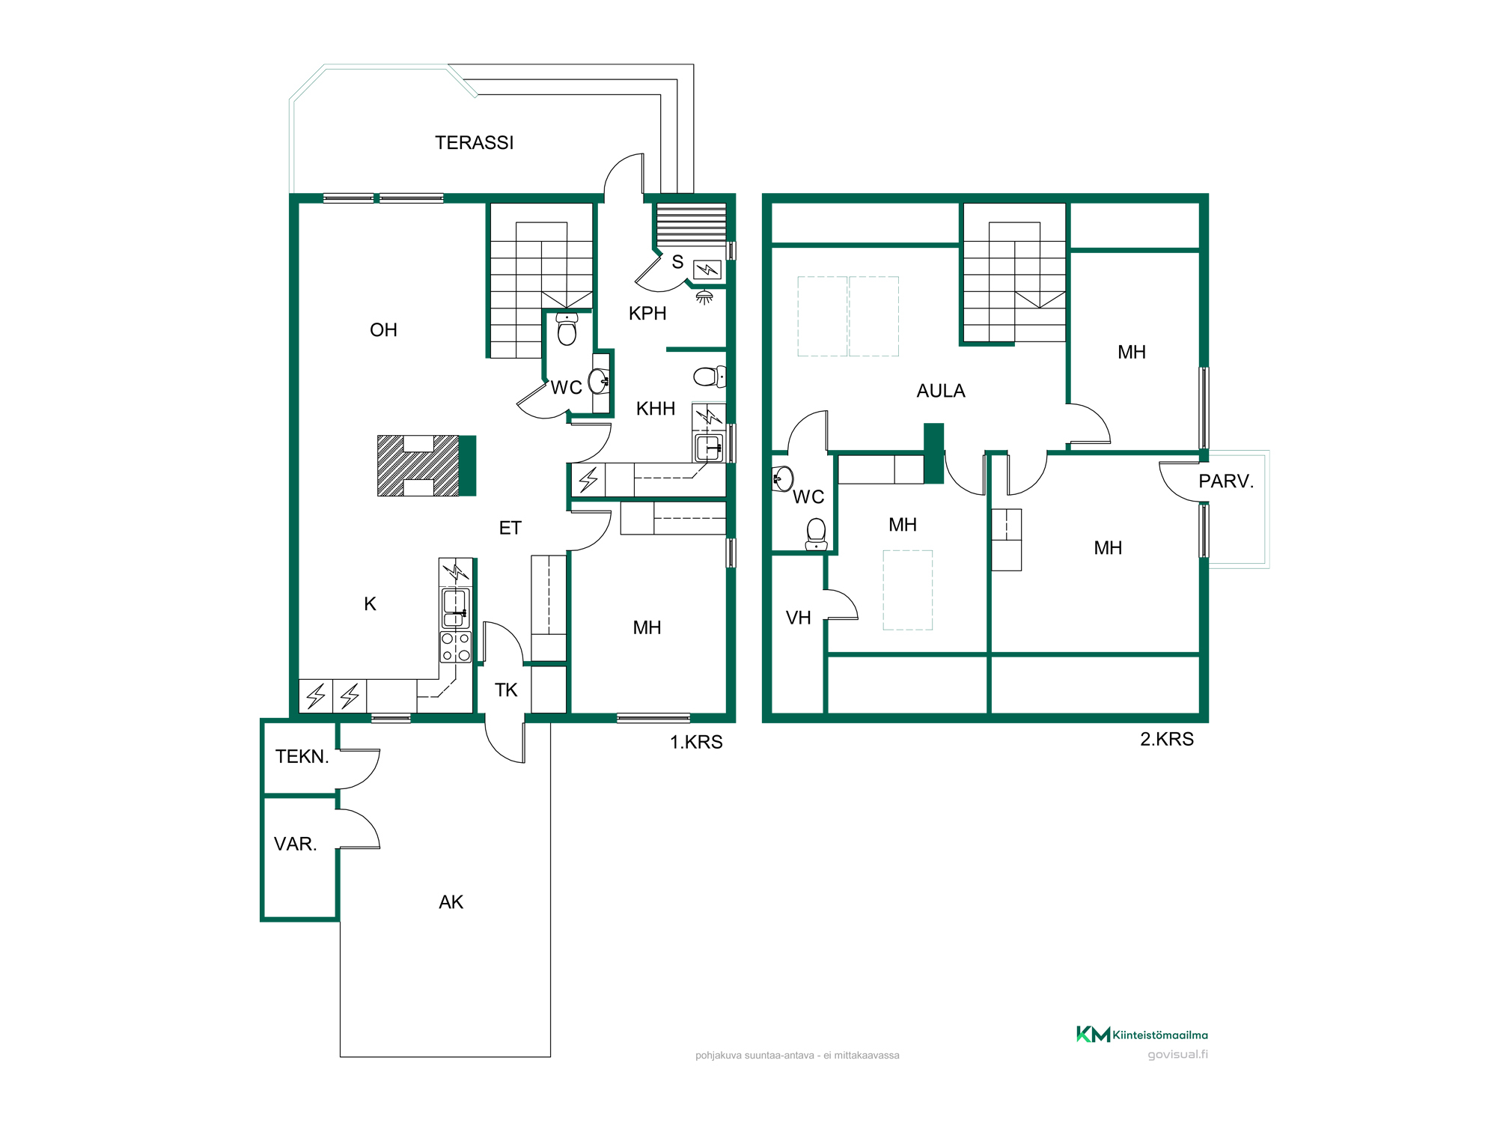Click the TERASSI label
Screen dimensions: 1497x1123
coord(474,143)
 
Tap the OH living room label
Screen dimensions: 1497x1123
coord(383,330)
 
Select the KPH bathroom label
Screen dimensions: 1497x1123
coord(647,314)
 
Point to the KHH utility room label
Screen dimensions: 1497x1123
coord(656,409)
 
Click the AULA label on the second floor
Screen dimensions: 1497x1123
coord(941,391)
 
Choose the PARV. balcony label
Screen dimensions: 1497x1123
coord(1226,481)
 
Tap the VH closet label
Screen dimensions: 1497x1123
coord(799,618)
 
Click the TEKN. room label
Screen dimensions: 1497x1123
coord(302,757)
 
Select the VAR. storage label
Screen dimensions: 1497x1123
coord(296,844)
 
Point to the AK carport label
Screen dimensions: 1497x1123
coord(451,902)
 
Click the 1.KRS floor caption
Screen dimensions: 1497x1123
coord(696,742)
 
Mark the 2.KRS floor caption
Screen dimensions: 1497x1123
coord(1167,739)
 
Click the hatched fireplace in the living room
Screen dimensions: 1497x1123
coord(418,466)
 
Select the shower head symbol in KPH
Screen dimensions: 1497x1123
coord(704,297)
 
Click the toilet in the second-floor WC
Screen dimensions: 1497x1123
coord(817,534)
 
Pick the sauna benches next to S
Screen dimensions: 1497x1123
coord(691,224)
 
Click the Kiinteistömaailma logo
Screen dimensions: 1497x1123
coord(1141,1035)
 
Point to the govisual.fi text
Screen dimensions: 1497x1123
coord(1177,1055)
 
